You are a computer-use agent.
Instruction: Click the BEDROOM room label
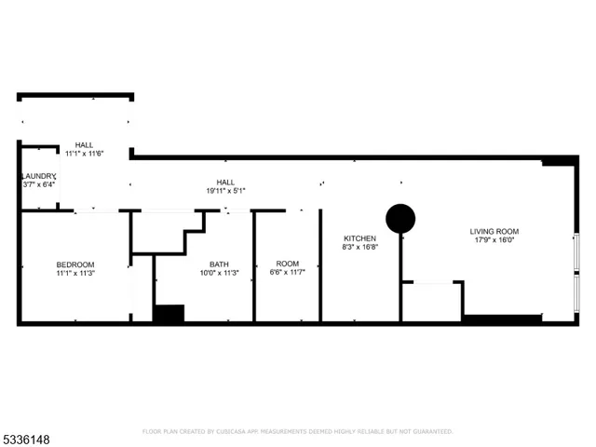[x=75, y=264]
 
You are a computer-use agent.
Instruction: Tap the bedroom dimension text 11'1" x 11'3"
[x=75, y=274]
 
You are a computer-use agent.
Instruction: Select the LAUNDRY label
[x=39, y=175]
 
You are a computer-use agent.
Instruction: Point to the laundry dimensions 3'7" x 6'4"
[x=39, y=184]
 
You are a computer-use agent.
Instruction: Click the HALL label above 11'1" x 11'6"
[x=84, y=144]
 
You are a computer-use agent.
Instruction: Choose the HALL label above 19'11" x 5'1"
[x=225, y=182]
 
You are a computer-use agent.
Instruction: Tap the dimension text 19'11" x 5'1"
[x=225, y=191]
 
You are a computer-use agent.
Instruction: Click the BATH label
[x=219, y=264]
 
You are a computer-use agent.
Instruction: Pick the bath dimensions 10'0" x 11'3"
[x=219, y=273]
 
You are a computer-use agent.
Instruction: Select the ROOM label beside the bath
[x=287, y=264]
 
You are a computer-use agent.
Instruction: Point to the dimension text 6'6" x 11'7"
[x=287, y=273]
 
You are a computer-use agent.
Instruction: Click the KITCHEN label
[x=359, y=238]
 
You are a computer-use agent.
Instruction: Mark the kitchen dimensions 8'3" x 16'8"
[x=359, y=248]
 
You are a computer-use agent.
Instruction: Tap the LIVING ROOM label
[x=494, y=231]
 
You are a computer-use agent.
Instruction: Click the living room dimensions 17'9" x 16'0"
[x=494, y=240]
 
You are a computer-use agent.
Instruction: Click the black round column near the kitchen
[x=400, y=219]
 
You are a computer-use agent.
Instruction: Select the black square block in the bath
[x=169, y=315]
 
